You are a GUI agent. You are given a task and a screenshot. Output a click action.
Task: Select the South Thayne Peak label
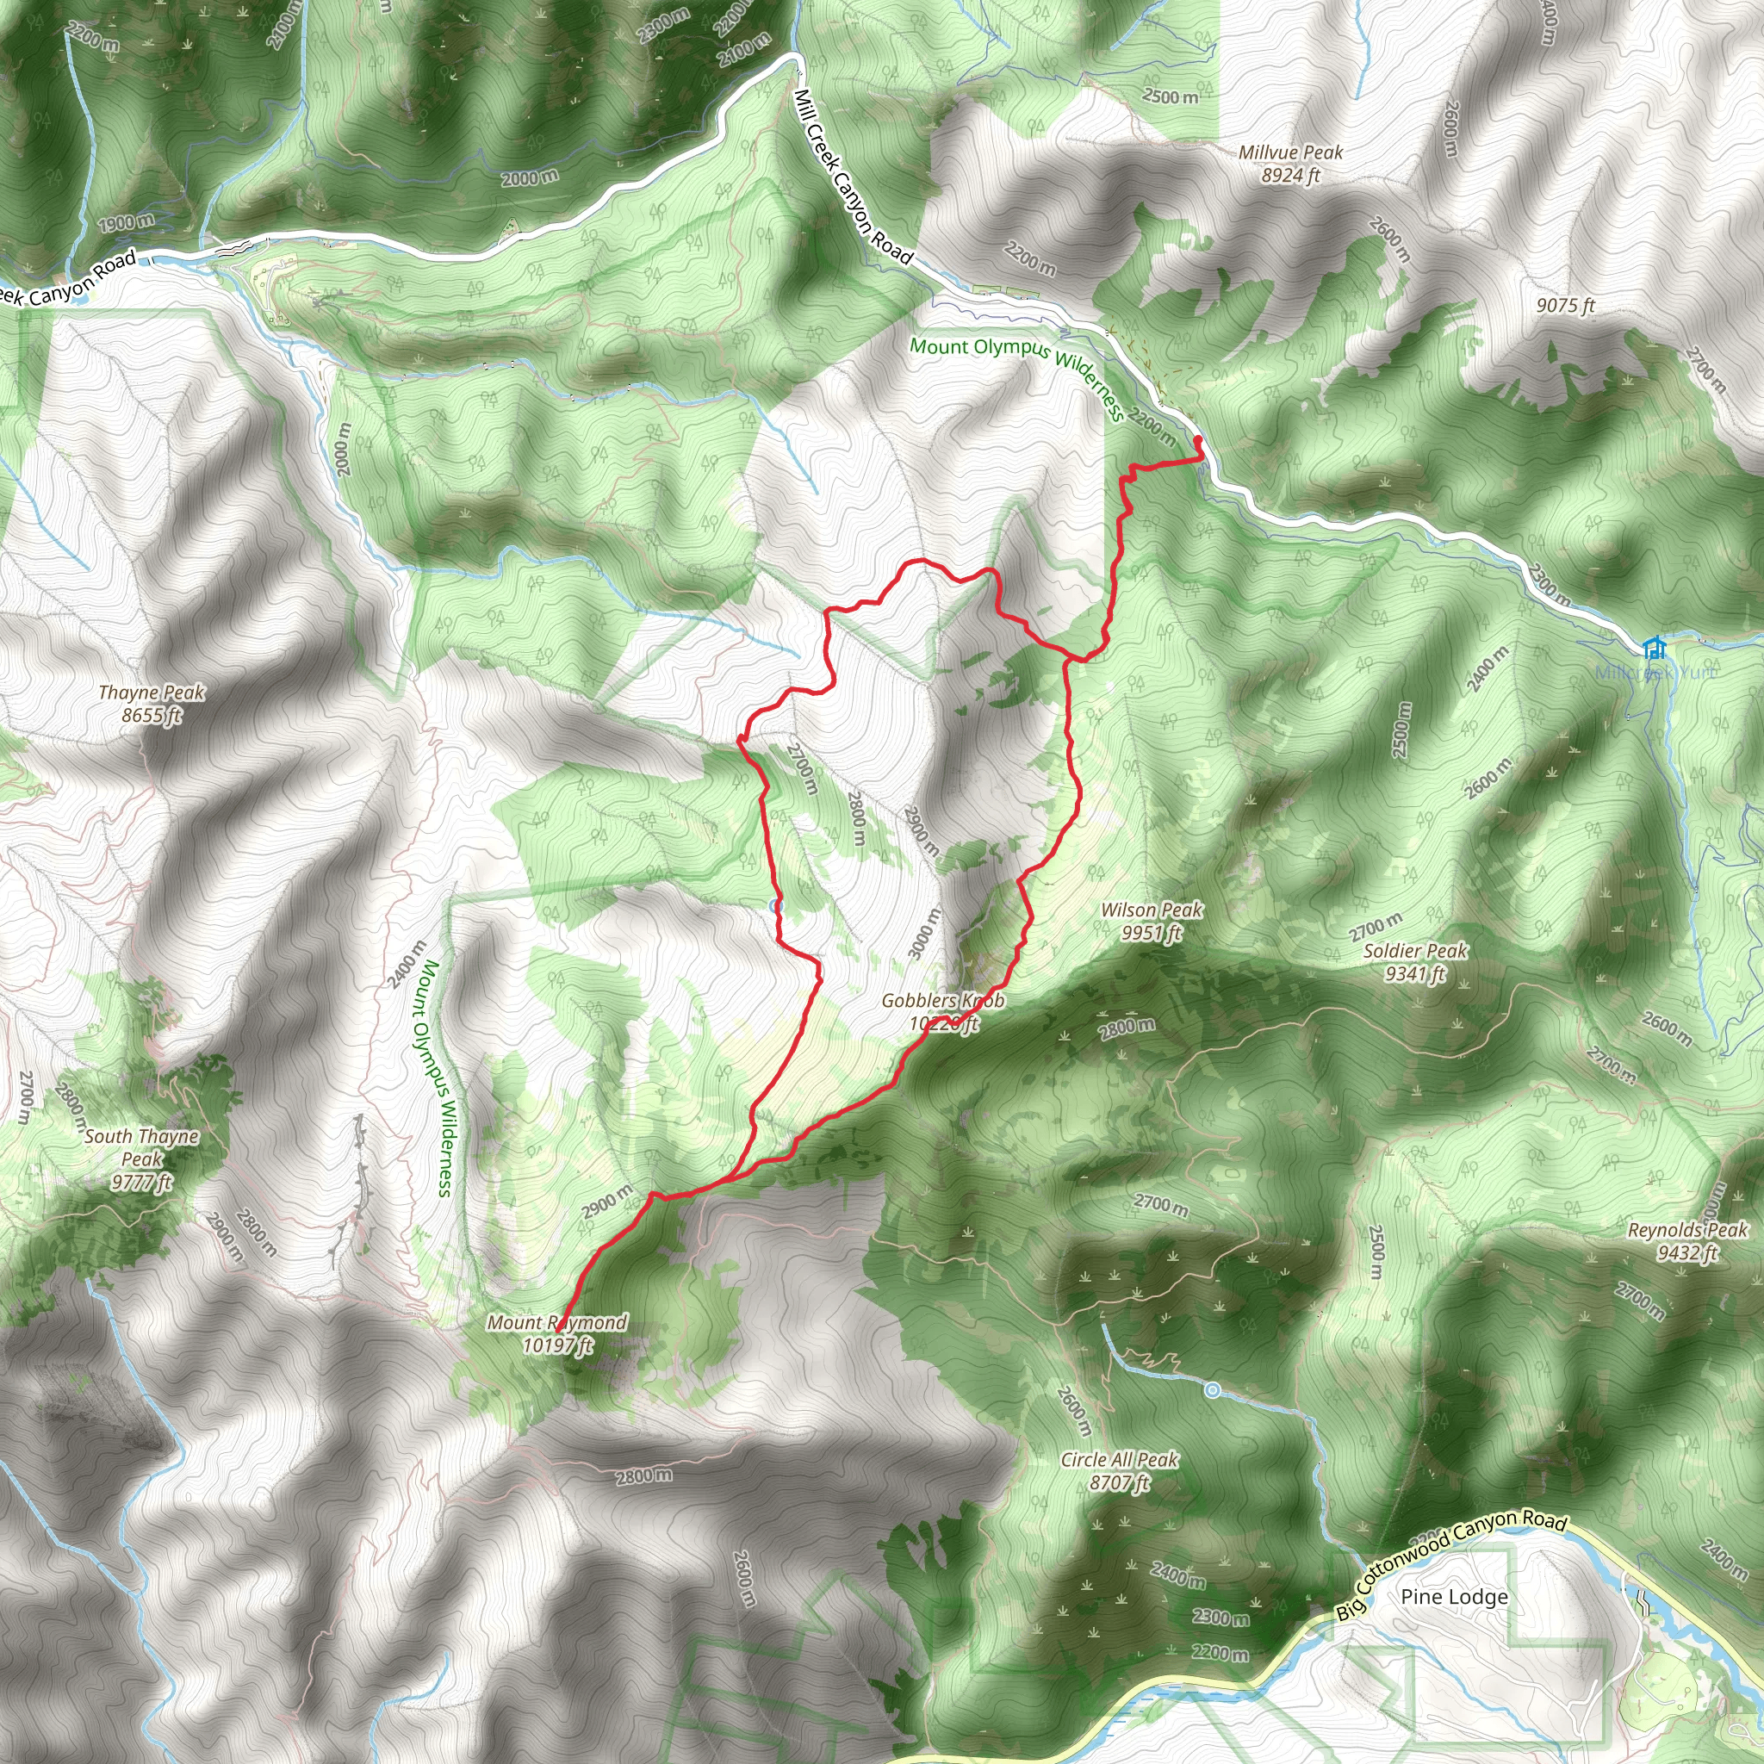pyautogui.click(x=141, y=1158)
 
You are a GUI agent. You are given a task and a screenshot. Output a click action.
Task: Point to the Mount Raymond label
pyautogui.click(x=557, y=1322)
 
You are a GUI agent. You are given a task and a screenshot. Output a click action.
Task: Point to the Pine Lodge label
pyautogui.click(x=1454, y=1596)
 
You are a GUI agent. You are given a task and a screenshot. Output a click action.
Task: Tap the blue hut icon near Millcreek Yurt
pyautogui.click(x=1653, y=649)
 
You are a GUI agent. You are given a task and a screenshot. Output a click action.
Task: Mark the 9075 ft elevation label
pyautogui.click(x=1565, y=306)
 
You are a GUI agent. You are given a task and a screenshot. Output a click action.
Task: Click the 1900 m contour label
pyautogui.click(x=127, y=222)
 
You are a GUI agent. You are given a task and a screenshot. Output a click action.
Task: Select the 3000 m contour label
pyautogui.click(x=923, y=934)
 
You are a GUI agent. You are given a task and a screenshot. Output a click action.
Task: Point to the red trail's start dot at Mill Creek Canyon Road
pyautogui.click(x=1198, y=442)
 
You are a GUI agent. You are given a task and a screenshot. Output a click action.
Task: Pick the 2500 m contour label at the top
pyautogui.click(x=1171, y=96)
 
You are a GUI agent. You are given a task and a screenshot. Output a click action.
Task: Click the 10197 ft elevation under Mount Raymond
pyautogui.click(x=557, y=1345)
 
